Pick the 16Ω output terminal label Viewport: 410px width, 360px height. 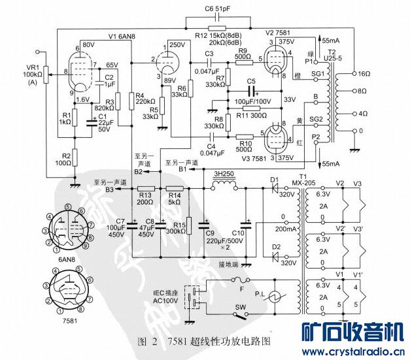tap(360, 74)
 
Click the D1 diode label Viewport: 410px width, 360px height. tap(274, 179)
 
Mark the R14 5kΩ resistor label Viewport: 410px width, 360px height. tap(174, 198)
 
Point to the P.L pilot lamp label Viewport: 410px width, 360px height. tap(260, 294)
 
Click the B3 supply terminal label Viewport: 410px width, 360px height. tap(109, 189)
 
